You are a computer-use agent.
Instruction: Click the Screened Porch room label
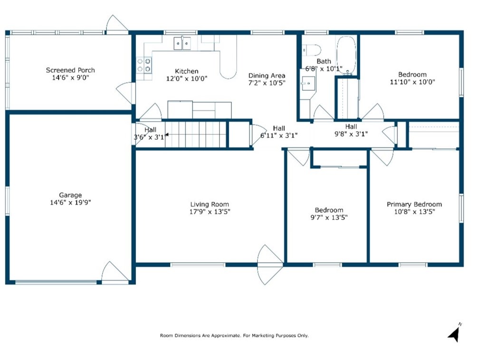click(70, 70)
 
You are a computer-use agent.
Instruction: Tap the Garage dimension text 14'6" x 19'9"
click(70, 202)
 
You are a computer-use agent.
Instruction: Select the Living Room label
click(210, 204)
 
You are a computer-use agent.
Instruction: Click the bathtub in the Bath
click(346, 56)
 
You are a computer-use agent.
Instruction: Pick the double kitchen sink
click(182, 43)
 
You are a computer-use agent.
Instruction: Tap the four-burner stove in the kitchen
click(144, 66)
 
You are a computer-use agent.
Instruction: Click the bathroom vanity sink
click(308, 83)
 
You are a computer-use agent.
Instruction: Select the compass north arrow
click(455, 333)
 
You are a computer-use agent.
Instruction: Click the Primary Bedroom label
click(414, 204)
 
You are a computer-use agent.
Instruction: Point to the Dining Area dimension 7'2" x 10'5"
click(267, 83)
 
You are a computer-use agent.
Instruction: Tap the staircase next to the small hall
click(195, 135)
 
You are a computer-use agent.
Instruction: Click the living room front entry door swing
click(270, 265)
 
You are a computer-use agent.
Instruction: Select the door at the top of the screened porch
click(116, 24)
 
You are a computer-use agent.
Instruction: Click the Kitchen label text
click(187, 71)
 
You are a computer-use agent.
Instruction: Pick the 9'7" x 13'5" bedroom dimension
click(329, 218)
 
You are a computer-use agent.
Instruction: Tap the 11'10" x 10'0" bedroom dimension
click(412, 82)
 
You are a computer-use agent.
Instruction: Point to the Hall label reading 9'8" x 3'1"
click(351, 134)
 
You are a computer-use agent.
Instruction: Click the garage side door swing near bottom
click(115, 272)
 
